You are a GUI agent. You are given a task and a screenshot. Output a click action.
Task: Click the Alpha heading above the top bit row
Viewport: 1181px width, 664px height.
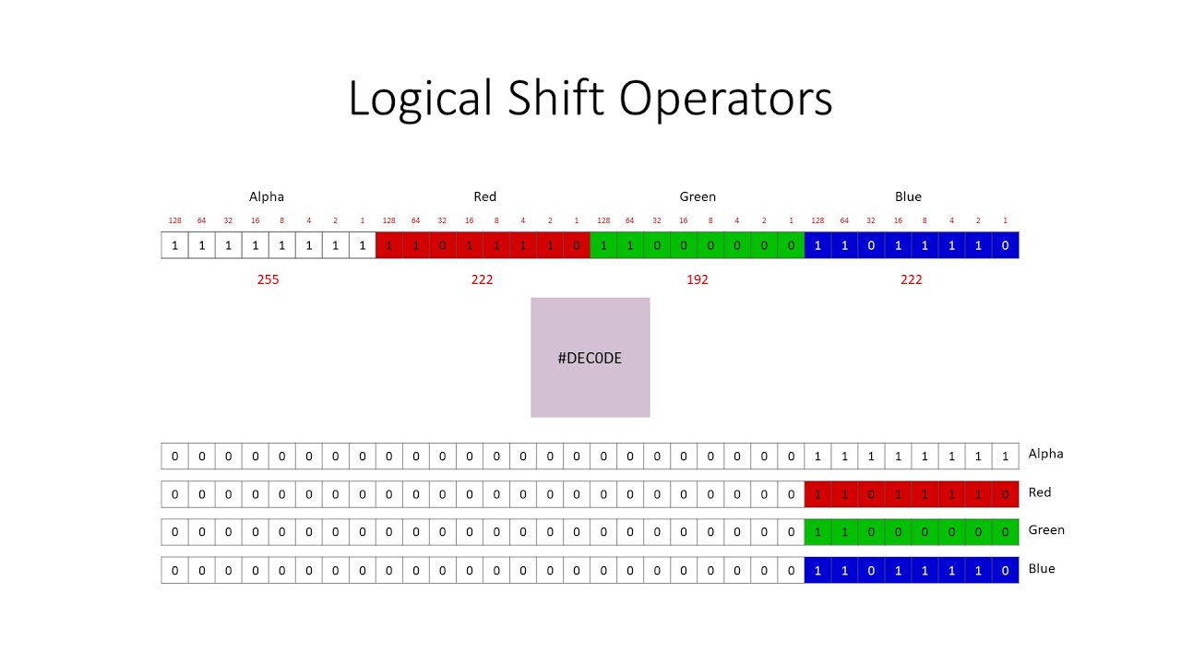pyautogui.click(x=267, y=196)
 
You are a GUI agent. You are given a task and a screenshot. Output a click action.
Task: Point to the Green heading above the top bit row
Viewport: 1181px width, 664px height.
pyautogui.click(x=698, y=196)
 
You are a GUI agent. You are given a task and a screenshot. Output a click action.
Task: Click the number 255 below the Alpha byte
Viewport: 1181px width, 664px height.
pyautogui.click(x=268, y=279)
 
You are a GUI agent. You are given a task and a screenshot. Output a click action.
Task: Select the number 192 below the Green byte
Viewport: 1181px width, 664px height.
pyautogui.click(x=698, y=279)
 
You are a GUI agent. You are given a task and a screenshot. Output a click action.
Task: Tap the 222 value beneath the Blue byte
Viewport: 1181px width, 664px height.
pyautogui.click(x=911, y=279)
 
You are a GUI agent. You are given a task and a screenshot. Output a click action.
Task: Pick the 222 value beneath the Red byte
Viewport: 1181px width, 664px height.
pyautogui.click(x=482, y=279)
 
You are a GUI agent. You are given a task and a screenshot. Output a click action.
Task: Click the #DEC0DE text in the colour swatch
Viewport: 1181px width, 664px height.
pyautogui.click(x=590, y=358)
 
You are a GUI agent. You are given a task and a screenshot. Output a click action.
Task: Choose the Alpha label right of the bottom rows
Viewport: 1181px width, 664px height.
pyautogui.click(x=1046, y=454)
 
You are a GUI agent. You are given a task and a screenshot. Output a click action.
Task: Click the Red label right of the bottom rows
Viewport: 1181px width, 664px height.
pyautogui.click(x=1040, y=492)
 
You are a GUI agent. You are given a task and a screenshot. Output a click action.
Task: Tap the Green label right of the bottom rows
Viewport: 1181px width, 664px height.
pyautogui.click(x=1046, y=530)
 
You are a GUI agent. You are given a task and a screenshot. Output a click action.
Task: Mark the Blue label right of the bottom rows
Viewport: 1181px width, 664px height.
pyautogui.click(x=1042, y=569)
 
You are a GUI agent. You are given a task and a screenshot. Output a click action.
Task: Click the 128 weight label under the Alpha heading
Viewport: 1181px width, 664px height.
pyautogui.click(x=174, y=220)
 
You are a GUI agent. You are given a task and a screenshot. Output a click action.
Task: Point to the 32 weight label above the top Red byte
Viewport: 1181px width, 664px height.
pyautogui.click(x=442, y=220)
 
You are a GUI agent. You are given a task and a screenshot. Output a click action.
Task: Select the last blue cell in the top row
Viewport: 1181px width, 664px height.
pyautogui.click(x=1005, y=246)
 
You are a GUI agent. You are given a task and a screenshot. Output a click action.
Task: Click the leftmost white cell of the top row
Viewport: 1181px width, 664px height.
pyautogui.click(x=174, y=246)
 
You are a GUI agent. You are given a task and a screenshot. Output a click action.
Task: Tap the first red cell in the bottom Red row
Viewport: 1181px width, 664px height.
pyautogui.click(x=817, y=494)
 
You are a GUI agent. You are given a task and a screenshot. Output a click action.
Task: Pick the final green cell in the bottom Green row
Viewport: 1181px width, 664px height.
pyautogui.click(x=1005, y=532)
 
